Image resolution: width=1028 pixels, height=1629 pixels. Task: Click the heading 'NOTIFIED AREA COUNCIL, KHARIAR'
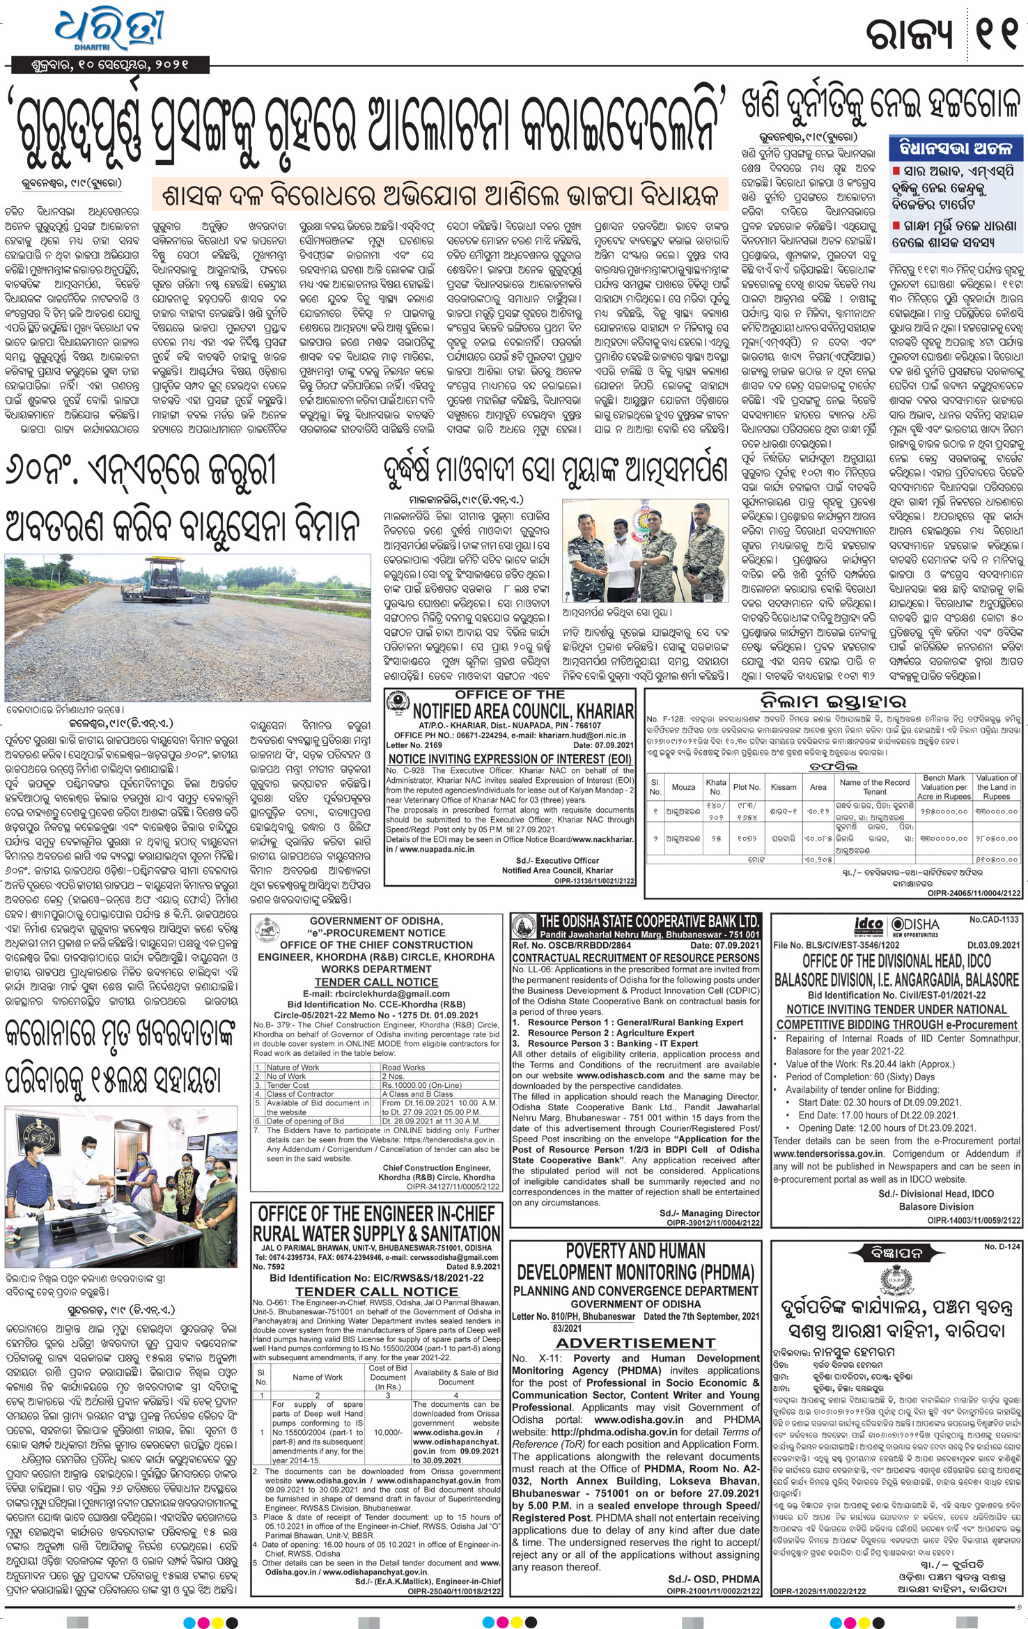523,711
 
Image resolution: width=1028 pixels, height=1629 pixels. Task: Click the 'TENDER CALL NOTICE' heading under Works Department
376,982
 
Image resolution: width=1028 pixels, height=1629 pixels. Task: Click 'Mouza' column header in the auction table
683,787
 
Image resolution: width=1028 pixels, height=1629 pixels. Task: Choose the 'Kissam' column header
784,787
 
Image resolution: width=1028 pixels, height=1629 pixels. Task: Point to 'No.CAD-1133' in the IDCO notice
994,920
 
